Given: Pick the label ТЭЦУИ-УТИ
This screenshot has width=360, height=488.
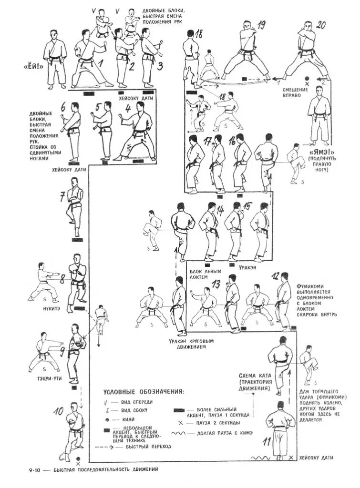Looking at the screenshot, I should point(46,378).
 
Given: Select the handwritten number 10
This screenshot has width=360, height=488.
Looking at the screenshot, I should point(59,410).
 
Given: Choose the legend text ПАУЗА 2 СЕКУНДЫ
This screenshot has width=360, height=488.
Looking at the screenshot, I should point(213,422).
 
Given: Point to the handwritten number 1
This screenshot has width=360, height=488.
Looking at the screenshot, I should point(101,62).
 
